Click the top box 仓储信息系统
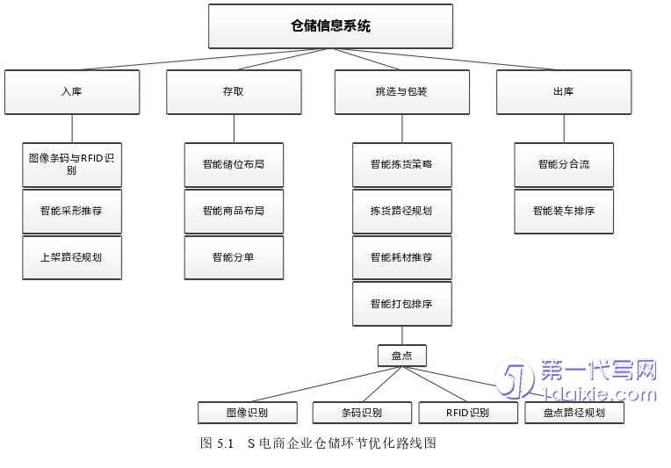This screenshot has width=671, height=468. coord(330,26)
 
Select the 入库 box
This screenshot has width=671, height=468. coord(72,91)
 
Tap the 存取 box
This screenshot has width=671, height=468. coord(234,91)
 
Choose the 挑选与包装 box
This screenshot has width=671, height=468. coord(401,91)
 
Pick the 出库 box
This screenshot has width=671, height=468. coord(563,91)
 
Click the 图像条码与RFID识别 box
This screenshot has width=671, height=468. coord(72,164)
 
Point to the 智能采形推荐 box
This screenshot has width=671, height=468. coord(72,212)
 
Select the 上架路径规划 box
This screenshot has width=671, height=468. coord(72,257)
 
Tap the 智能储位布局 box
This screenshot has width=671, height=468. coord(234,164)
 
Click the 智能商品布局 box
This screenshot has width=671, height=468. coord(234,212)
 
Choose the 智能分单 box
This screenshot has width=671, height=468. coord(234,257)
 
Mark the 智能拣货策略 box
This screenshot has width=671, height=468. coord(401,164)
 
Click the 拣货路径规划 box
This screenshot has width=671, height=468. coord(401,212)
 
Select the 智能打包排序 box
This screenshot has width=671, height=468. coord(401,304)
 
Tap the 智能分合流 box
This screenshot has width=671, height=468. coord(563,164)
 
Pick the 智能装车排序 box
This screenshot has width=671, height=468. coord(563,212)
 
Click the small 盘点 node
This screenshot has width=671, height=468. coord(401,356)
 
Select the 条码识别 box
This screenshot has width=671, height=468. coord(361,413)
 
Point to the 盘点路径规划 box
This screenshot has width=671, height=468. coord(574,413)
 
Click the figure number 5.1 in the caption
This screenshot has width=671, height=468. coord(224,443)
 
